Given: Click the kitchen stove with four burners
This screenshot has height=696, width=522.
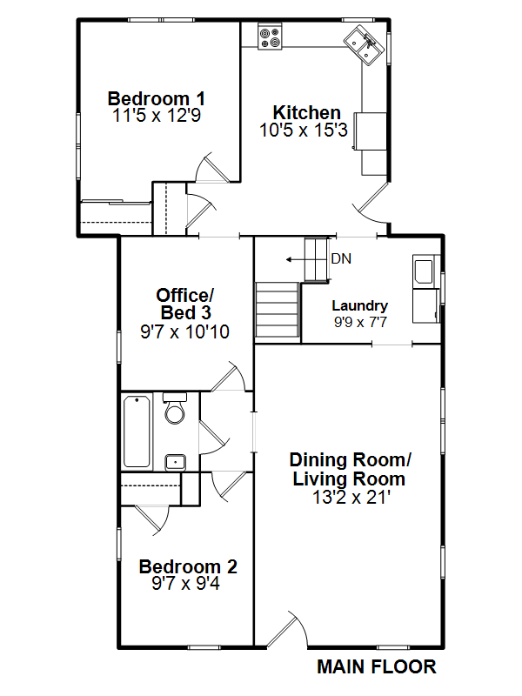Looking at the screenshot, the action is [x=270, y=37].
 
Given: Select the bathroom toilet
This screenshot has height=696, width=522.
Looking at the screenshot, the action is [x=175, y=408].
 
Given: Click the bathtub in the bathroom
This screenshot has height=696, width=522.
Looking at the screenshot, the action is [x=137, y=432].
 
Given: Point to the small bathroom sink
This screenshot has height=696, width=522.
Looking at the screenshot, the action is [x=176, y=463].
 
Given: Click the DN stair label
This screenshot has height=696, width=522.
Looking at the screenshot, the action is [x=341, y=258].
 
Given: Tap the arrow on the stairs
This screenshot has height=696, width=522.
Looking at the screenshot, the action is [x=295, y=259].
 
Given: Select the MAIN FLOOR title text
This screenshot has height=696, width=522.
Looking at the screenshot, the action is [x=377, y=667].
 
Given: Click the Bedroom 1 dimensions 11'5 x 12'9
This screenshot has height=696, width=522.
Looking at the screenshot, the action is [x=157, y=116].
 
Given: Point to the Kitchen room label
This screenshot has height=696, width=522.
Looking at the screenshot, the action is [x=307, y=112].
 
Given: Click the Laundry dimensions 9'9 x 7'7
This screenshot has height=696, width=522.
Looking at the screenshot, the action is [x=360, y=322].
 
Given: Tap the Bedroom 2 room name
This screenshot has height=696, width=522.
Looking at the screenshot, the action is [x=188, y=566].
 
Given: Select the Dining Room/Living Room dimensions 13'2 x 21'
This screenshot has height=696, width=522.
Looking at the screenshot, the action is [x=351, y=497].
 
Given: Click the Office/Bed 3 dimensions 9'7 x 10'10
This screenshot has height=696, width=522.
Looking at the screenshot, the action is [x=184, y=331].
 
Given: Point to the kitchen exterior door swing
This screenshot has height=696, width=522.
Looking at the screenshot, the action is [x=372, y=204].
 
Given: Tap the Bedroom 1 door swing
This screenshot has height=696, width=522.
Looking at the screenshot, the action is [x=213, y=168].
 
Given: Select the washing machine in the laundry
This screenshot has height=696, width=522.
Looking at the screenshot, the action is [x=423, y=269].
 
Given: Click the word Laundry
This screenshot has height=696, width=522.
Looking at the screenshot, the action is [x=360, y=305].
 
